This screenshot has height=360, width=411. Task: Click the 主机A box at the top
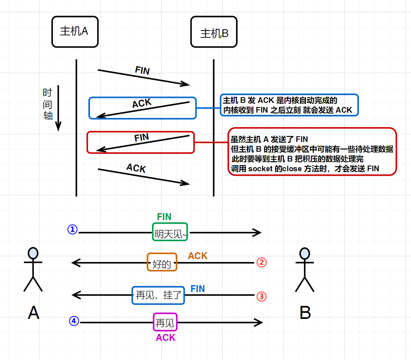pos(75,31)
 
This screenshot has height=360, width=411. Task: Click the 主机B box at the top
pos(214,33)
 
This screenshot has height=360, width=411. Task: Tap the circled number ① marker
pos(72,230)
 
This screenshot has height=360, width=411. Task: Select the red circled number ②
pos(262,262)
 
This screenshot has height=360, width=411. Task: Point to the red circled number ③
pos(262,296)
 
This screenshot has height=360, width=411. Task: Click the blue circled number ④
pos(74,321)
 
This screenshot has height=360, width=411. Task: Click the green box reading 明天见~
pos(170,232)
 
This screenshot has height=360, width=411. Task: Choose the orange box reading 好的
pos(162,262)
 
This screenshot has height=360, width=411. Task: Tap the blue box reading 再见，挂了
pos(158,295)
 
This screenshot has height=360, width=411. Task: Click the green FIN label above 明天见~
pos(164,217)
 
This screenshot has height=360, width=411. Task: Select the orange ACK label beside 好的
pos(197,256)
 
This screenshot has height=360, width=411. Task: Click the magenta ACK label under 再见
pos(166,338)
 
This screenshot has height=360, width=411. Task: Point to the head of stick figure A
pos(33,253)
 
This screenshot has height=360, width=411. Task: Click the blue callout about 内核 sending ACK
pos(289,105)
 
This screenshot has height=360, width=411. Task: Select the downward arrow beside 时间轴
pos(58,108)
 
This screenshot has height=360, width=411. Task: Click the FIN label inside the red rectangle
pos(142,138)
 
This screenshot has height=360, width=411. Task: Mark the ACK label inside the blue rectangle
pos(142,104)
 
